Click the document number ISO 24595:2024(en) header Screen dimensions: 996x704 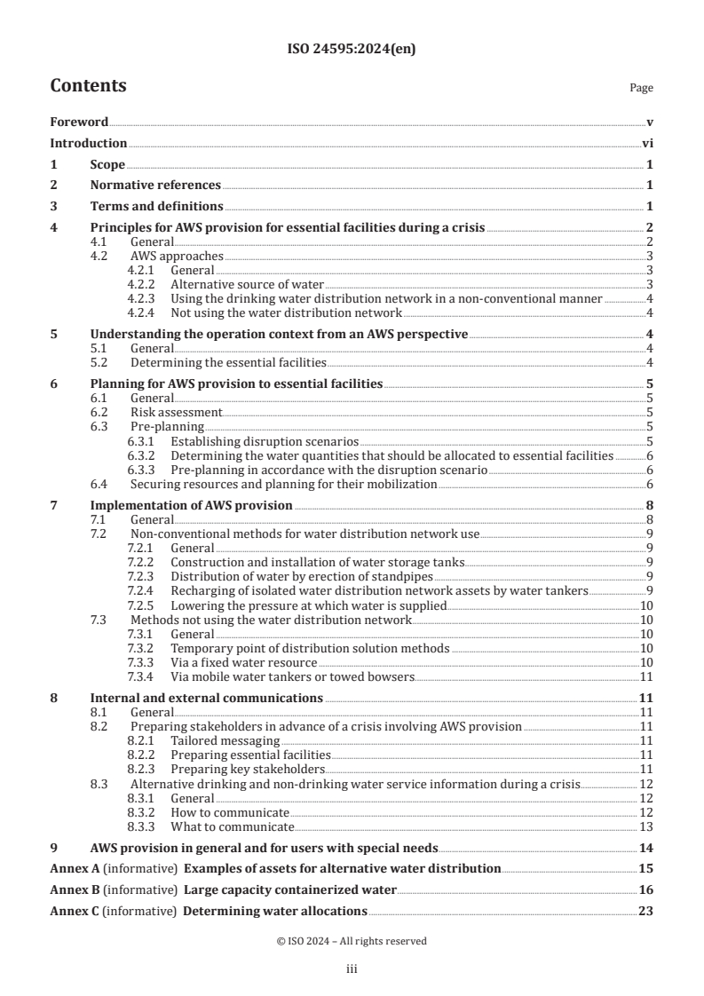352,50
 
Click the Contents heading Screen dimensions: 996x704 88,86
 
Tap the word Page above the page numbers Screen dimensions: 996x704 640,88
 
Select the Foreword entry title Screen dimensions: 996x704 79,122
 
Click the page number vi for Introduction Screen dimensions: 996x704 647,143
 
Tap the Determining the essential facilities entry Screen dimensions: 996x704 228,362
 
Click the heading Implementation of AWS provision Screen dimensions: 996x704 191,505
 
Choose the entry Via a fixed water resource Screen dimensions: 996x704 243,662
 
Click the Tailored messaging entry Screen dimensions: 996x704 225,739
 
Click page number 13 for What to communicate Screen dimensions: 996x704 647,826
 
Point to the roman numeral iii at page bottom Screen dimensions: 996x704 352,970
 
